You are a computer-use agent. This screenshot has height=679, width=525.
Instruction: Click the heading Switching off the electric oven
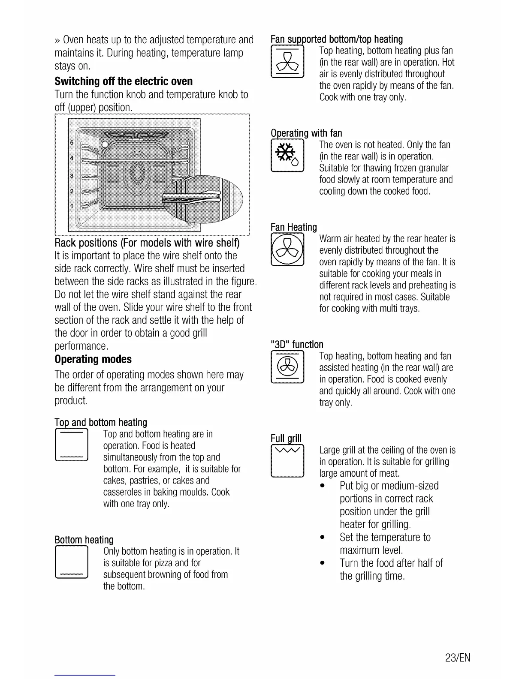click(x=124, y=81)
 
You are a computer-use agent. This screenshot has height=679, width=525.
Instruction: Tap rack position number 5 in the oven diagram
click(x=72, y=142)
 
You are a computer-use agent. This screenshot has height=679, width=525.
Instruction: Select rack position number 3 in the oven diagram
click(x=72, y=176)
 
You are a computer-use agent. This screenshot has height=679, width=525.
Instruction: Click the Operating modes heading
click(x=93, y=359)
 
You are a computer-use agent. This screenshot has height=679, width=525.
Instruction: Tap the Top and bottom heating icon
click(x=72, y=445)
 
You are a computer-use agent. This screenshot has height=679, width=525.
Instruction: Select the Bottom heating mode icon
click(x=72, y=562)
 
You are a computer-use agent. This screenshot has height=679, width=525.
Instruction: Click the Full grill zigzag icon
click(x=287, y=461)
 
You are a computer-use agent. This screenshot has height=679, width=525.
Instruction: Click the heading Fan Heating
click(x=294, y=227)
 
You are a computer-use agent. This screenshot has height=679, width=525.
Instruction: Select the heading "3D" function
click(x=297, y=344)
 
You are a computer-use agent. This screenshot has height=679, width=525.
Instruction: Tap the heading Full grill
click(x=286, y=438)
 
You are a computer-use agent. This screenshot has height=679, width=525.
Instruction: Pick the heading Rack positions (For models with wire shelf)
click(x=147, y=243)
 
